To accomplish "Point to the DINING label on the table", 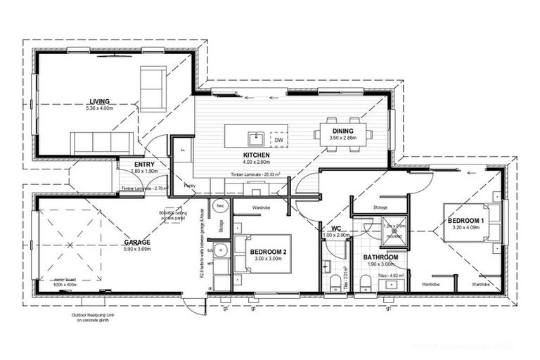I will click(344, 131).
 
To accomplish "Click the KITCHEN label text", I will click(252, 155).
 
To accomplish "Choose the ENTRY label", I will click(144, 165).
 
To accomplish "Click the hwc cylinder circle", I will click(220, 207).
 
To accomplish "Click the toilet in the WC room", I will click(335, 283).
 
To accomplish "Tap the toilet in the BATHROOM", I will click(366, 283).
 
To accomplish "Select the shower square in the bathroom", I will click(394, 229).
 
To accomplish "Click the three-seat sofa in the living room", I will click(102, 143).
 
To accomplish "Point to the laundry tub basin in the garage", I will click(221, 250).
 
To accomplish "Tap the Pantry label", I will click(189, 186).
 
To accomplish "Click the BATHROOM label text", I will click(380, 257).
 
